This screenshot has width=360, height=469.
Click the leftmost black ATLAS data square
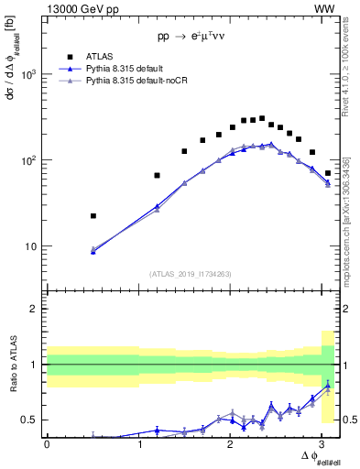pos(93,216)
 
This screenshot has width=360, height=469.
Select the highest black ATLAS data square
pos(262,118)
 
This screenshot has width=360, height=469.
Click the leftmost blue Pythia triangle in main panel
pos(93,250)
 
